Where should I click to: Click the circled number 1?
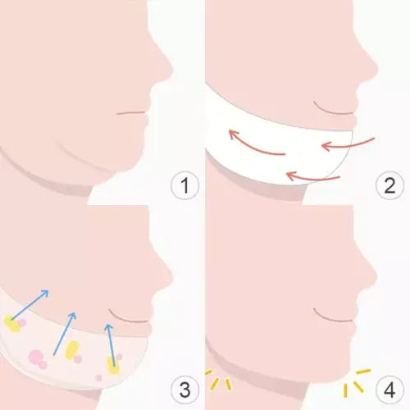click(184, 185)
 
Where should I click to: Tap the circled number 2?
click(389, 185)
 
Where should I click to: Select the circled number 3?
click(184, 389)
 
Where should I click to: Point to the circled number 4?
click(389, 389)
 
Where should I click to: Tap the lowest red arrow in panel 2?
click(312, 179)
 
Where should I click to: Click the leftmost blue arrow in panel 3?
click(30, 305)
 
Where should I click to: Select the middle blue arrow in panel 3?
click(65, 334)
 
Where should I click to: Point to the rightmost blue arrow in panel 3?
click(111, 345)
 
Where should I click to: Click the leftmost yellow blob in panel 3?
click(12, 324)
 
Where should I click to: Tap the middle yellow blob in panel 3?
click(72, 350)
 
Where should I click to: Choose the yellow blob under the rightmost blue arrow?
click(113, 365)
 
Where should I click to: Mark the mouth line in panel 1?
click(131, 112)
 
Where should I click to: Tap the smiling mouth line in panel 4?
click(331, 317)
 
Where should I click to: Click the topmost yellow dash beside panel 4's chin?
click(363, 371)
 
